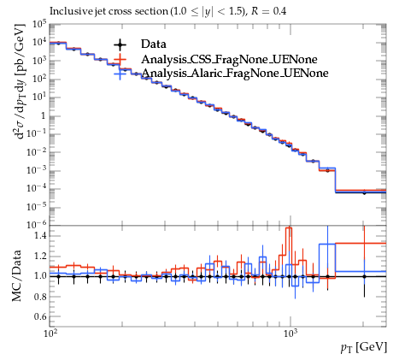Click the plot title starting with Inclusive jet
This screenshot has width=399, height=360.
(x=168, y=11)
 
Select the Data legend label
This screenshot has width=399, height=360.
(x=153, y=44)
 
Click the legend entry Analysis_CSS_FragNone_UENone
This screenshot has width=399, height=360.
(x=229, y=59)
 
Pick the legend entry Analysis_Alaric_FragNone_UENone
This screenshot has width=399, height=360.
(x=235, y=74)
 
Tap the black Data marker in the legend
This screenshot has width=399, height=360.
(x=120, y=44)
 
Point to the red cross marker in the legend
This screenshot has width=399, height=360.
(x=120, y=59)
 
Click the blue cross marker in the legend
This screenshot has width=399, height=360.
(x=120, y=74)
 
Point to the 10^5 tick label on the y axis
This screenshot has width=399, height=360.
(x=38, y=24)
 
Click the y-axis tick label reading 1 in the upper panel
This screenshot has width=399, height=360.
(x=44, y=116)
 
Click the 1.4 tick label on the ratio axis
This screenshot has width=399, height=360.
(x=40, y=236)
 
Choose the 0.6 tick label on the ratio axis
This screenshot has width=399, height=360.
(x=40, y=316)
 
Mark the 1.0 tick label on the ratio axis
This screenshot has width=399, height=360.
(x=40, y=276)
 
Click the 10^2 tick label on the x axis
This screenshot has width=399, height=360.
(x=50, y=333)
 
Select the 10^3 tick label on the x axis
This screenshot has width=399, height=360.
(x=291, y=333)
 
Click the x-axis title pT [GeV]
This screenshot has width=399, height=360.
(x=364, y=347)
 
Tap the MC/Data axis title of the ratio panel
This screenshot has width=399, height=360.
(x=16, y=275)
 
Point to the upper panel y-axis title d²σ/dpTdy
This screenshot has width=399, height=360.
(x=20, y=82)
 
